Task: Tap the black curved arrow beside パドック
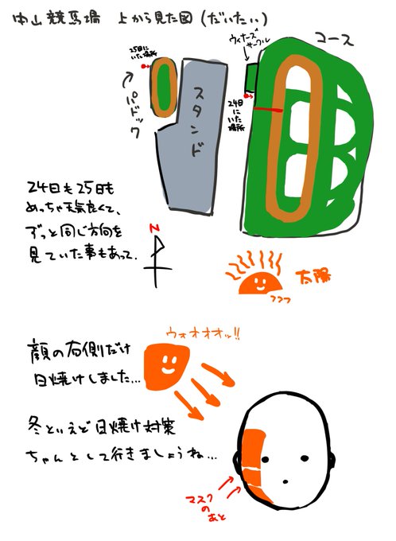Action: pos(130,80)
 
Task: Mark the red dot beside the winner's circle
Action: pos(249,96)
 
